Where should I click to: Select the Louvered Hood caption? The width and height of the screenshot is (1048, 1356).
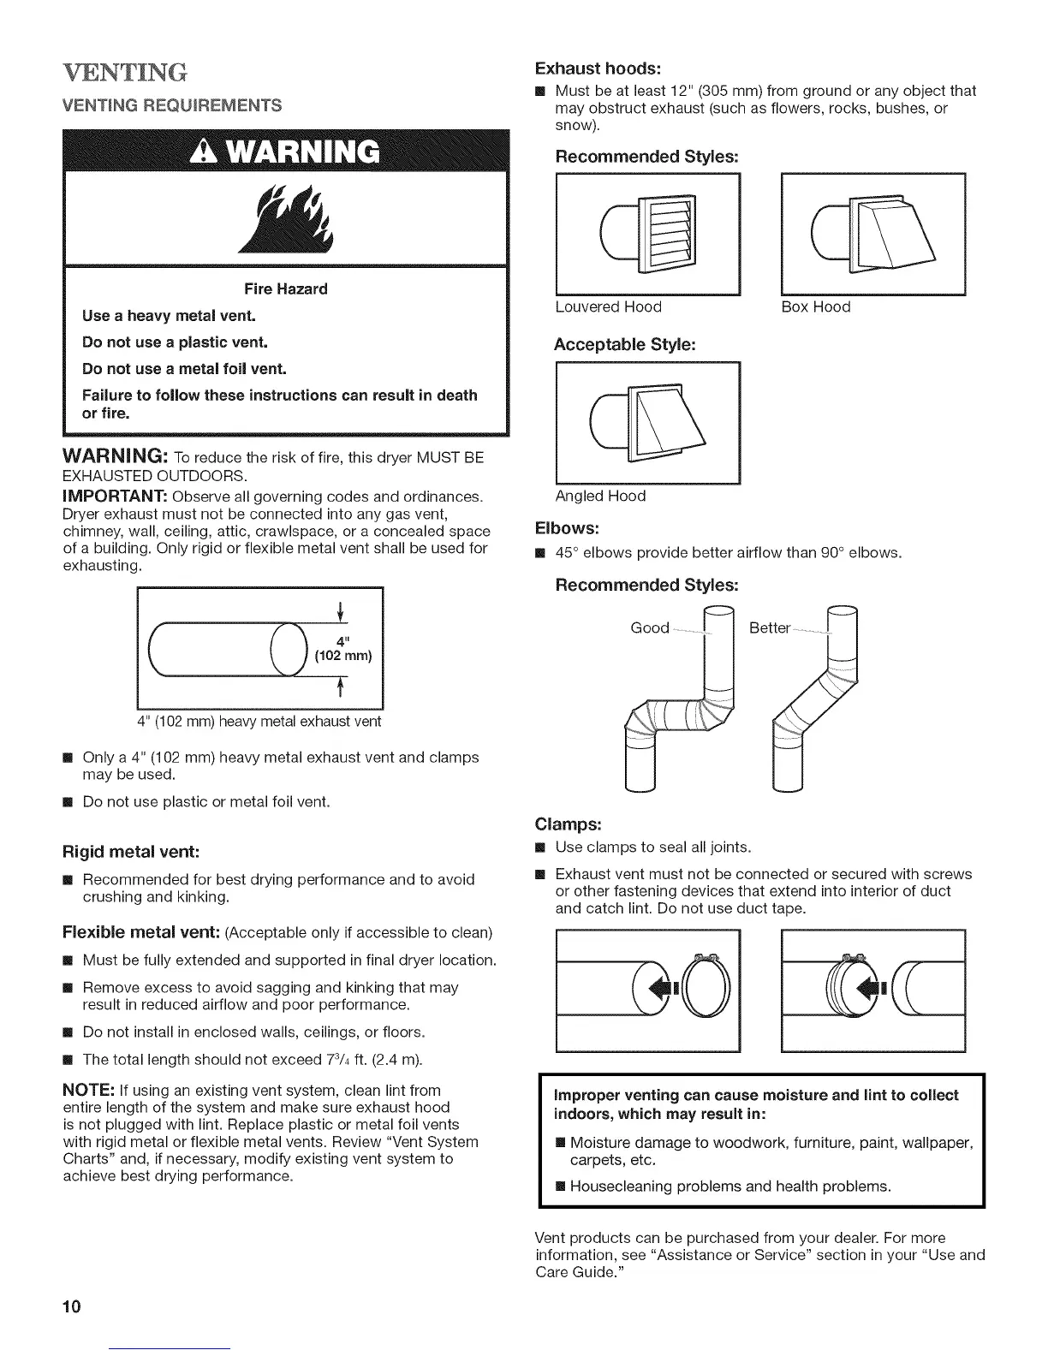point(608,306)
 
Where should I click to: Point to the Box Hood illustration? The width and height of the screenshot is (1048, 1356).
point(873,234)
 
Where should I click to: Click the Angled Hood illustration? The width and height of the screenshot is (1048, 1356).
point(648,422)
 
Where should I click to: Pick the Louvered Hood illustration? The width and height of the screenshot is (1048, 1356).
point(648,234)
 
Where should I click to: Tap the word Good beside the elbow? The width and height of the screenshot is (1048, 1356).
point(650,627)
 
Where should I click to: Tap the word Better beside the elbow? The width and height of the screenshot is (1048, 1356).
point(769,627)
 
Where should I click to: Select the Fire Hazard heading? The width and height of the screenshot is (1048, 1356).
point(287,288)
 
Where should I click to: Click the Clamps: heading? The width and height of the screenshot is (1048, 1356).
point(569,824)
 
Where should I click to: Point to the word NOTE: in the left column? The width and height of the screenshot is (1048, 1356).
point(92,1091)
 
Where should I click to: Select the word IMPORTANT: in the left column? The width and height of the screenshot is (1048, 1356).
point(116,497)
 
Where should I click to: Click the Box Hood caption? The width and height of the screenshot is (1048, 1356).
point(816,306)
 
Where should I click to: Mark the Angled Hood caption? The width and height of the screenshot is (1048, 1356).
point(600,496)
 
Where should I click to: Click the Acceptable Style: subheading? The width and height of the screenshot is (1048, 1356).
point(624,345)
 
